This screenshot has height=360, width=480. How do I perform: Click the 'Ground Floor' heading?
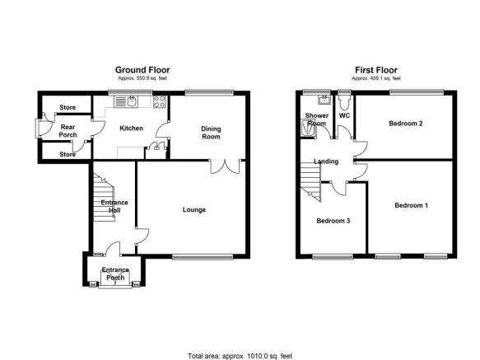[142, 70]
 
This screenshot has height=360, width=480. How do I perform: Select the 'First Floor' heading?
[376, 70]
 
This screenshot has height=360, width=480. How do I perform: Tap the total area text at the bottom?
[240, 356]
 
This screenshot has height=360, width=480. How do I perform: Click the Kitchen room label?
[131, 128]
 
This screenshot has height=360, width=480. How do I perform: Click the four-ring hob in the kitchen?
[160, 101]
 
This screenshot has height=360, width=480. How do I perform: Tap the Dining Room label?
[211, 133]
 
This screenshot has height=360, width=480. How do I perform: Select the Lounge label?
[194, 209]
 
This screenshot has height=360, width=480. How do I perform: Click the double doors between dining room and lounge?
[225, 166]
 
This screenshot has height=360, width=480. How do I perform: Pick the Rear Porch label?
[68, 131]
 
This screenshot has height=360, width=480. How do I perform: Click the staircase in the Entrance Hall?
[104, 198]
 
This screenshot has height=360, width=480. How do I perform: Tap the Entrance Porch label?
[115, 274]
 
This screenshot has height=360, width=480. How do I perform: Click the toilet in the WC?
[344, 101]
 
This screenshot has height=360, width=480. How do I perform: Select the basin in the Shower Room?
[324, 100]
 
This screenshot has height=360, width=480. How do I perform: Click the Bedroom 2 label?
[406, 124]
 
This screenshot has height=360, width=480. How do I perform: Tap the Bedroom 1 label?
[411, 205]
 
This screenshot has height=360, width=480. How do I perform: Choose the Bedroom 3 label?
[333, 221]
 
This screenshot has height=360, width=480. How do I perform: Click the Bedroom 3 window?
[333, 257]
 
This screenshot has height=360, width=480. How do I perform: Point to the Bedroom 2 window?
[417, 91]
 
